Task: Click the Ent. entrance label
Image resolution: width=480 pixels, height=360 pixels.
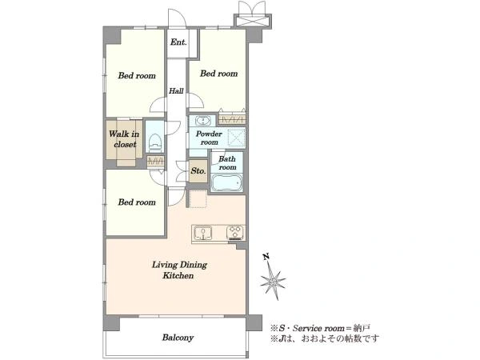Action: click(x=178, y=42)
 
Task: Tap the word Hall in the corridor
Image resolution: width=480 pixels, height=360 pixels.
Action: click(x=176, y=90)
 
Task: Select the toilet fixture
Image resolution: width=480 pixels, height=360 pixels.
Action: click(x=154, y=142)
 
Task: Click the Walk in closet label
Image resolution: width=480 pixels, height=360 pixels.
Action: click(x=124, y=139)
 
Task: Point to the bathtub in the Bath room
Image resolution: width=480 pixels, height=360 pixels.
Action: click(x=227, y=182)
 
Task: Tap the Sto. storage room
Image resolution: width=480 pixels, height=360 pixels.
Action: click(x=198, y=171)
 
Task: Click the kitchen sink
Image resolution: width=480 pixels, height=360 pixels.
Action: click(x=203, y=233)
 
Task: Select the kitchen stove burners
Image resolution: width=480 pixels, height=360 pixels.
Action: click(x=235, y=232)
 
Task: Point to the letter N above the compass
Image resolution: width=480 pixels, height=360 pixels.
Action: click(x=266, y=257)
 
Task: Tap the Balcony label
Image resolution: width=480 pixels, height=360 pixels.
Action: click(x=178, y=338)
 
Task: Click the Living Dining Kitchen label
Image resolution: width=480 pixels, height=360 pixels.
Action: click(x=179, y=270)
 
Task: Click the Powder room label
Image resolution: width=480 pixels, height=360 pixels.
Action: click(x=209, y=138)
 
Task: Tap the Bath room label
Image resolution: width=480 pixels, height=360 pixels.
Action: click(x=227, y=163)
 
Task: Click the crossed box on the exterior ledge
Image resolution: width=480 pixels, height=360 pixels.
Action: click(x=253, y=21)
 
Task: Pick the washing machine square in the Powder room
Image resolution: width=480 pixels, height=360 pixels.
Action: click(x=237, y=138)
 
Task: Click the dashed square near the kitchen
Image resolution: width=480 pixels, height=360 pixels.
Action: click(x=198, y=199)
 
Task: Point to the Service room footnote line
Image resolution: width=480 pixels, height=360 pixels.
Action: click(x=321, y=328)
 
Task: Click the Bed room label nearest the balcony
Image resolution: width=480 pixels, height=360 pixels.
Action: click(x=137, y=202)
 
